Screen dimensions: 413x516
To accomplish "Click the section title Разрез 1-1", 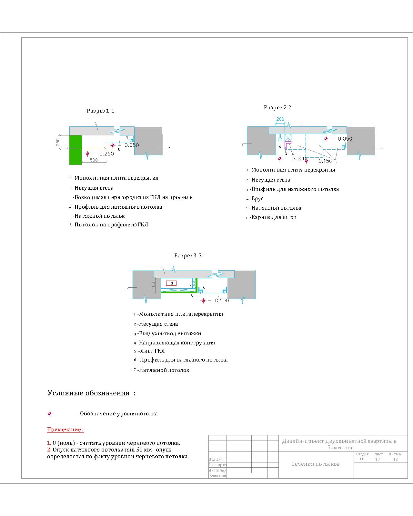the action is [101, 111].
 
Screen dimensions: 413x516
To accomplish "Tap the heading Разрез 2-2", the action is [277, 107].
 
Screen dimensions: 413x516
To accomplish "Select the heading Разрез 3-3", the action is [188, 256].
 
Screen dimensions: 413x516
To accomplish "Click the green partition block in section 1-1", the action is [76, 150].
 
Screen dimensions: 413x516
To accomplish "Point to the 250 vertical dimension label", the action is [58, 142].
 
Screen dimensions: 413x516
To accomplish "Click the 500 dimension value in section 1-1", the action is [94, 160].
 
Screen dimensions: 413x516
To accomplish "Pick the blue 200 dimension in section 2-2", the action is [280, 119].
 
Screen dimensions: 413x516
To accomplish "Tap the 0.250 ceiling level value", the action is [106, 154].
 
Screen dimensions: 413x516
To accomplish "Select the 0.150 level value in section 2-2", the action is [326, 161].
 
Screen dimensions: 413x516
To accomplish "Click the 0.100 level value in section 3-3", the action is [222, 301].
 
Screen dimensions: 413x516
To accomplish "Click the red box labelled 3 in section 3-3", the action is [171, 283].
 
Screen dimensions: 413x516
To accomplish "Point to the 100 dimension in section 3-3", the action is [153, 285].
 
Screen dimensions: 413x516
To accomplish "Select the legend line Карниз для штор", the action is [271, 217].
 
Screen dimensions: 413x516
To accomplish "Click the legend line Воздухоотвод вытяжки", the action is [167, 333].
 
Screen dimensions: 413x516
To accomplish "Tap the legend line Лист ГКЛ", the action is [149, 351].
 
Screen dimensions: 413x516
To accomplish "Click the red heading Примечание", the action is [65, 430].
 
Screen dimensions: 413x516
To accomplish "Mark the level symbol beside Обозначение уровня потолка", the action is [50, 414].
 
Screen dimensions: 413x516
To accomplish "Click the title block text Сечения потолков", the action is [315, 464].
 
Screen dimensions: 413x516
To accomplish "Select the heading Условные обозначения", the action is [91, 393].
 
